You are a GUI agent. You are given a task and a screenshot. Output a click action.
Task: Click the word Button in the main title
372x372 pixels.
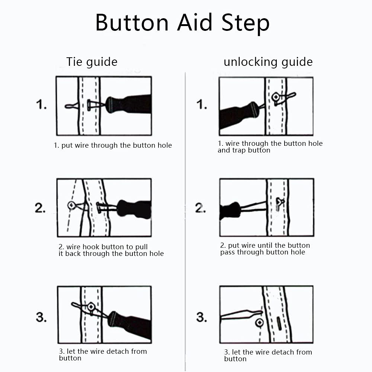(x=132, y=23)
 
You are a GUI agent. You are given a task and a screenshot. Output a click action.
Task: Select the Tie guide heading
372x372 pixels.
(x=92, y=62)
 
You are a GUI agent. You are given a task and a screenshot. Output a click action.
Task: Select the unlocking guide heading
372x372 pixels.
(x=268, y=62)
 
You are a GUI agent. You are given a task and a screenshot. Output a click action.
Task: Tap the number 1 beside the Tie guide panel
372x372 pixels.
(x=41, y=105)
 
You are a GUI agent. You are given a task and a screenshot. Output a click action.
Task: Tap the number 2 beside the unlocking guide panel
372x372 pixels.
(x=201, y=208)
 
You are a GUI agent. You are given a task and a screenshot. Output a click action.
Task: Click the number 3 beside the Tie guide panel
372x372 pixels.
(x=41, y=317)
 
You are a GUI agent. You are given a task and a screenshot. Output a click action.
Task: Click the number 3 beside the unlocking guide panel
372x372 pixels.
(x=202, y=317)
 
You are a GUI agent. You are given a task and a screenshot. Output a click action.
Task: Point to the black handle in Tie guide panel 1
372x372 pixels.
(x=130, y=105)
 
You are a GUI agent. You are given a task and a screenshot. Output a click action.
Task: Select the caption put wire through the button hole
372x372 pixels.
(x=113, y=145)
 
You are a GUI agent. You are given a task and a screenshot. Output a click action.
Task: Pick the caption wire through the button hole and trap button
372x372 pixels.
(x=270, y=147)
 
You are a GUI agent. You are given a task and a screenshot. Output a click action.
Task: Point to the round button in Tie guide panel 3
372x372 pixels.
(x=91, y=307)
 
